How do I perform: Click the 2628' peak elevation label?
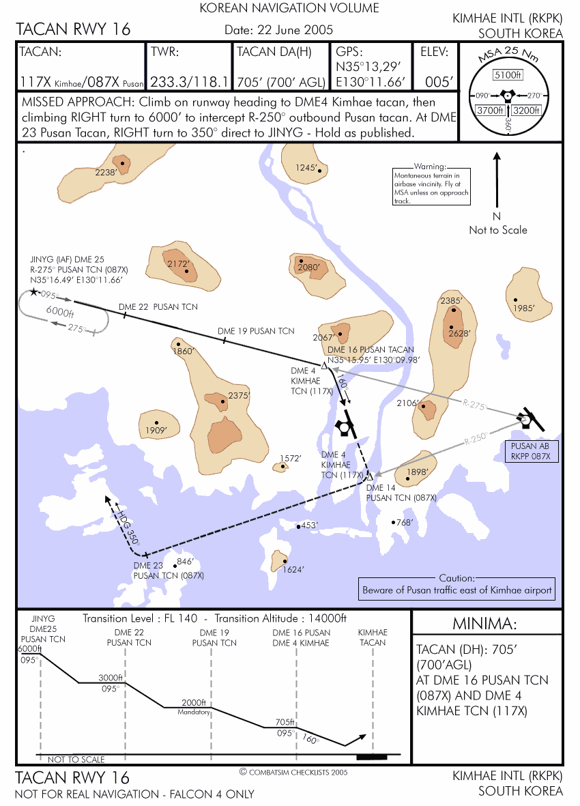coord(459,333)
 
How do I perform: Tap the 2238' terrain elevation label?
coord(106,172)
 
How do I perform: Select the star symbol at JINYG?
coord(34,293)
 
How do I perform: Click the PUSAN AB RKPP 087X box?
coord(531,451)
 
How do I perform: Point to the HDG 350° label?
coord(128,526)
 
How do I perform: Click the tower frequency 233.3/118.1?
coord(189,83)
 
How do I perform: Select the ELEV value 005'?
coord(439,83)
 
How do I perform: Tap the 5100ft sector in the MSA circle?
coord(508,75)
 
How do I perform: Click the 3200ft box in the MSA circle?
coord(526,111)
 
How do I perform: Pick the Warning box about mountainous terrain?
coord(431,186)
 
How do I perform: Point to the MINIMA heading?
coord(484,624)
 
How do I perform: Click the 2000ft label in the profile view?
coord(194,703)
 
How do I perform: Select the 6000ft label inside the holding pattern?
coord(60,311)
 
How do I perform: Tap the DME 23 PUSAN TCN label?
coord(169,571)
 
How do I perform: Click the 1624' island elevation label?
coord(293,570)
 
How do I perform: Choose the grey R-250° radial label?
coord(475,439)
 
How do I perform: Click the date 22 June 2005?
coord(279,30)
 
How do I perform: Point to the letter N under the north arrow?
coord(497,216)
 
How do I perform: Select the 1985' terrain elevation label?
coord(524,308)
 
